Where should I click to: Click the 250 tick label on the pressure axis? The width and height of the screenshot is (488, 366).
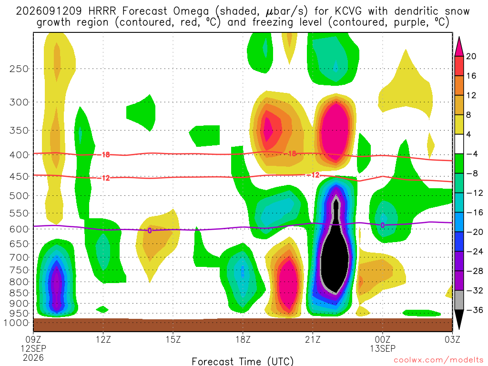click(19, 69)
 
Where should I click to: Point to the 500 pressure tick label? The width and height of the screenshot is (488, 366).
click(19, 196)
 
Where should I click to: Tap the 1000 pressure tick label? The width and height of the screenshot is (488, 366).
click(16, 323)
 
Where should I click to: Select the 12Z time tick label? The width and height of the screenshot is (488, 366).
click(103, 339)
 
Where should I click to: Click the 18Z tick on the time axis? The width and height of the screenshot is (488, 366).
click(243, 339)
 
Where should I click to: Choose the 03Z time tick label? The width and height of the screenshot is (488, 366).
click(452, 339)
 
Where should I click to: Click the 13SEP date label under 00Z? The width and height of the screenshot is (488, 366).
click(383, 348)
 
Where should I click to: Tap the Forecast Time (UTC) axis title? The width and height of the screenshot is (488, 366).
click(243, 361)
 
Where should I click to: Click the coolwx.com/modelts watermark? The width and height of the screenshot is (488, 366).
click(437, 360)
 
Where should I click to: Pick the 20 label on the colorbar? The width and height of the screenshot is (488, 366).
click(471, 56)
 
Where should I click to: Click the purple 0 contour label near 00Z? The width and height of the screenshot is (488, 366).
click(383, 225)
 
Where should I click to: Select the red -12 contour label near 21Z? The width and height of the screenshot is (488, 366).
click(314, 175)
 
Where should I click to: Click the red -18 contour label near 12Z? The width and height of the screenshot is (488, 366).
click(104, 155)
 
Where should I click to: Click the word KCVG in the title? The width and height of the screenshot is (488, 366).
click(348, 11)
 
